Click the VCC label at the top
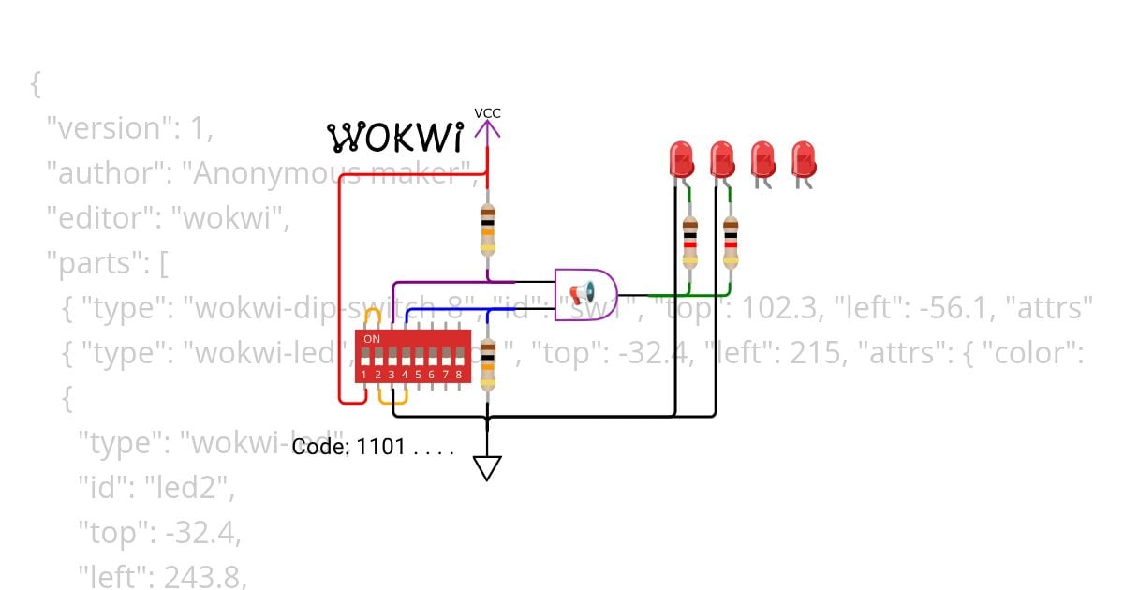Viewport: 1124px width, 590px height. click(x=487, y=113)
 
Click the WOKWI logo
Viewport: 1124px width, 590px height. click(x=395, y=138)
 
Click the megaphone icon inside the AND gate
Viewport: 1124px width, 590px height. click(x=582, y=294)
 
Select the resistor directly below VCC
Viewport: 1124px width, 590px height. click(x=487, y=229)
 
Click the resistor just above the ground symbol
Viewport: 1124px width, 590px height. click(x=487, y=364)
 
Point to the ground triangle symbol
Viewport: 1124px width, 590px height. click(x=487, y=467)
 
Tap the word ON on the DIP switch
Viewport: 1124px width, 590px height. click(x=372, y=338)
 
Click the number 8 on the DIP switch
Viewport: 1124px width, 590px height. click(x=458, y=375)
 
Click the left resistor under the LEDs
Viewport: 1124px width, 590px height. click(x=690, y=242)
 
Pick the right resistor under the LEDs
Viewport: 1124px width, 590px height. click(x=731, y=242)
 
